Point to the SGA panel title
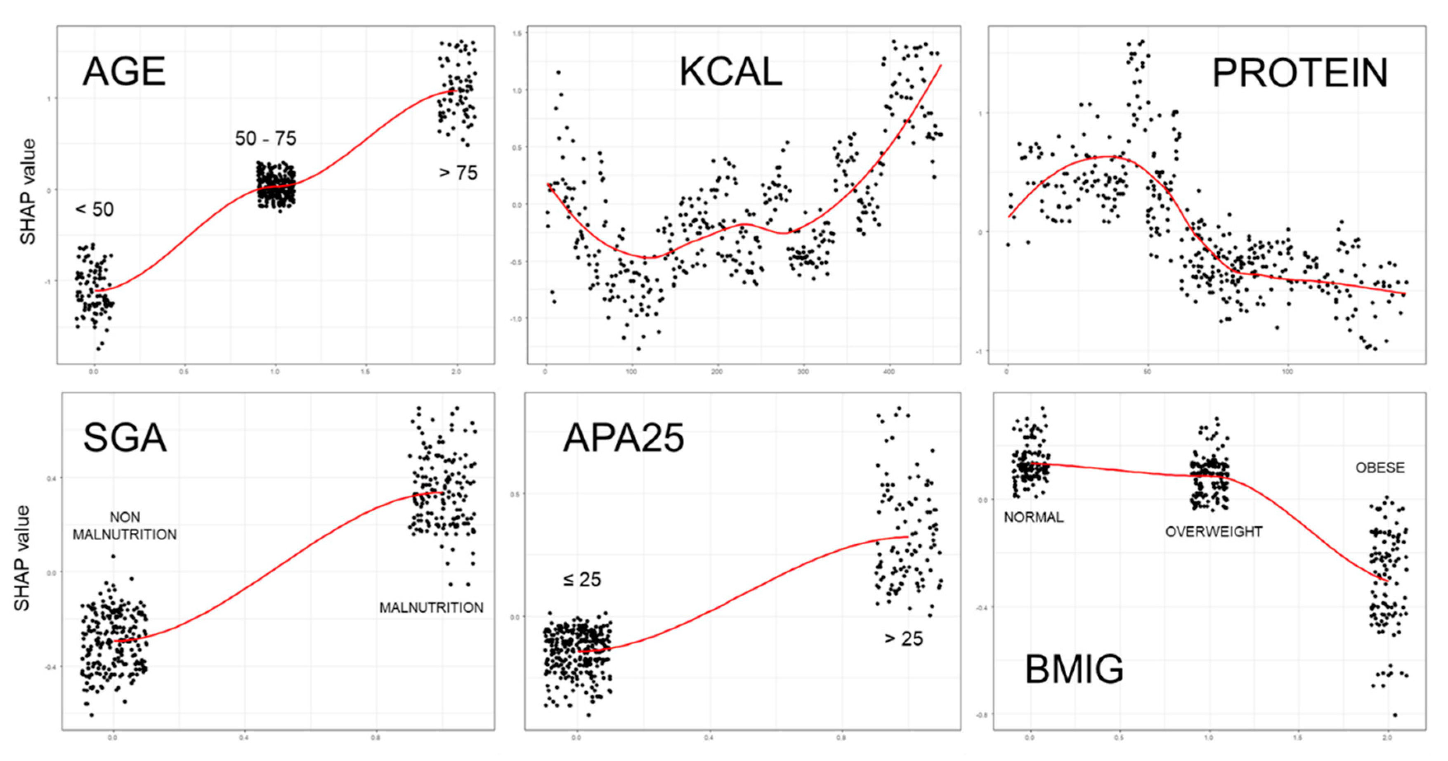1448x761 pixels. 125,438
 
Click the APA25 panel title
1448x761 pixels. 624,438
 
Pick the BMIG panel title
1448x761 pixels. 1074,669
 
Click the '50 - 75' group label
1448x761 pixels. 265,138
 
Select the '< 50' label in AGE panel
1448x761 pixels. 94,210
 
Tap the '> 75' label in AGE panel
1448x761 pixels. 458,173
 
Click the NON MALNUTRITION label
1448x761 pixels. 125,525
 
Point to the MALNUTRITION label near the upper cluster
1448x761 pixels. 431,607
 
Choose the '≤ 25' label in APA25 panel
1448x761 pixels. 582,579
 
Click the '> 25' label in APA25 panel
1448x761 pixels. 903,639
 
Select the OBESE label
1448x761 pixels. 1379,468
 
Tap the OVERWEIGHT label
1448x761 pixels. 1214,532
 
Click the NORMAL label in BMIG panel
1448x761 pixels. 1033,517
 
